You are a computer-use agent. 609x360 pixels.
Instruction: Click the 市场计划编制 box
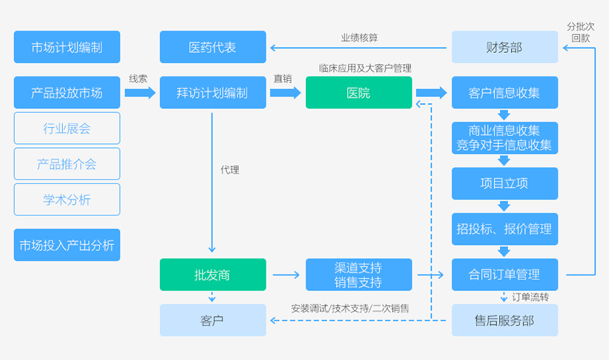67,48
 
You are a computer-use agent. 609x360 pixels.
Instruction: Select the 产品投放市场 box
67,93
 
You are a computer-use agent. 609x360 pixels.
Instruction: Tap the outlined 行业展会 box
67,128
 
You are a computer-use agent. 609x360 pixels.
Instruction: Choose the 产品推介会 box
67,164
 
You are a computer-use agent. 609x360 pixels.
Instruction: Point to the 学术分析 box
67,199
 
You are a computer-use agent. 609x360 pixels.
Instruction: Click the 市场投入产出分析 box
67,245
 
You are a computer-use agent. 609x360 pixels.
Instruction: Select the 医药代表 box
212,48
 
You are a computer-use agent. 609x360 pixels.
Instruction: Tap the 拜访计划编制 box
212,93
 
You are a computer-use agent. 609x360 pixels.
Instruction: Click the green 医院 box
359,93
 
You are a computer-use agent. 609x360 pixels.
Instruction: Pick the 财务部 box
505,48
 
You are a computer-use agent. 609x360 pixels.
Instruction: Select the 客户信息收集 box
505,93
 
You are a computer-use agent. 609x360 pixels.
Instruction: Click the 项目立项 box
505,183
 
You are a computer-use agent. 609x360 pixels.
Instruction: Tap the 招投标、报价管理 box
505,229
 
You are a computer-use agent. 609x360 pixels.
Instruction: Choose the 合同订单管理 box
505,274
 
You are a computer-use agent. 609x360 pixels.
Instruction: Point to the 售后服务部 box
505,320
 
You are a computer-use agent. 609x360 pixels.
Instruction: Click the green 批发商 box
212,274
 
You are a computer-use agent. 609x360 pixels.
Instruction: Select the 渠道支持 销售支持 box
359,274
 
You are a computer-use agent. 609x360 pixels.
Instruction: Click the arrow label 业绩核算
359,37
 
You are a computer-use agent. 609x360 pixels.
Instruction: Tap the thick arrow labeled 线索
139,92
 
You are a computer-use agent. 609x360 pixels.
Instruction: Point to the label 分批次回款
580,32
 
